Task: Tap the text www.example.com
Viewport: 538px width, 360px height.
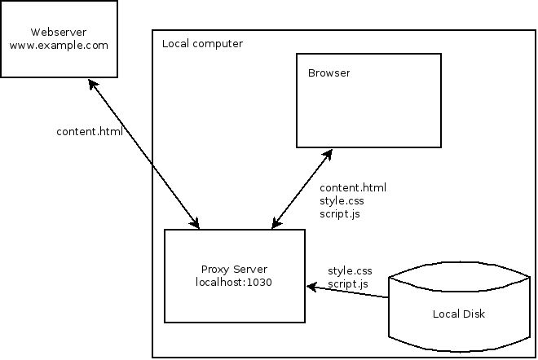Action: (59, 46)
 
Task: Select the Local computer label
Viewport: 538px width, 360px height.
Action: (202, 43)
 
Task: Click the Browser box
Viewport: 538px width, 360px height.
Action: (368, 110)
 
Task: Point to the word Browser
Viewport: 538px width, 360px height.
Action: (329, 73)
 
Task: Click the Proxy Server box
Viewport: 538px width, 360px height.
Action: (234, 297)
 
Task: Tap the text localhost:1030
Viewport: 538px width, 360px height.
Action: (234, 283)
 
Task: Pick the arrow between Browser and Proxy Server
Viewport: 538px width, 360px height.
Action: (302, 187)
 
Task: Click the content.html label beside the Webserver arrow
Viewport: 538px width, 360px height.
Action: (89, 131)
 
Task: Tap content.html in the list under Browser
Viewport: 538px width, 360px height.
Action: (353, 187)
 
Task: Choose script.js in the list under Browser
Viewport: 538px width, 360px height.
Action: (340, 213)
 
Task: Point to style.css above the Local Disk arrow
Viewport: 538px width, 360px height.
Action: (350, 270)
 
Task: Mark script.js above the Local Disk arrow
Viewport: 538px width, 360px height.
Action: (348, 283)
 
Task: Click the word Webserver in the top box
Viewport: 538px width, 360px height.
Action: (59, 33)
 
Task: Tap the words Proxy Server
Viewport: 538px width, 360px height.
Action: (234, 270)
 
